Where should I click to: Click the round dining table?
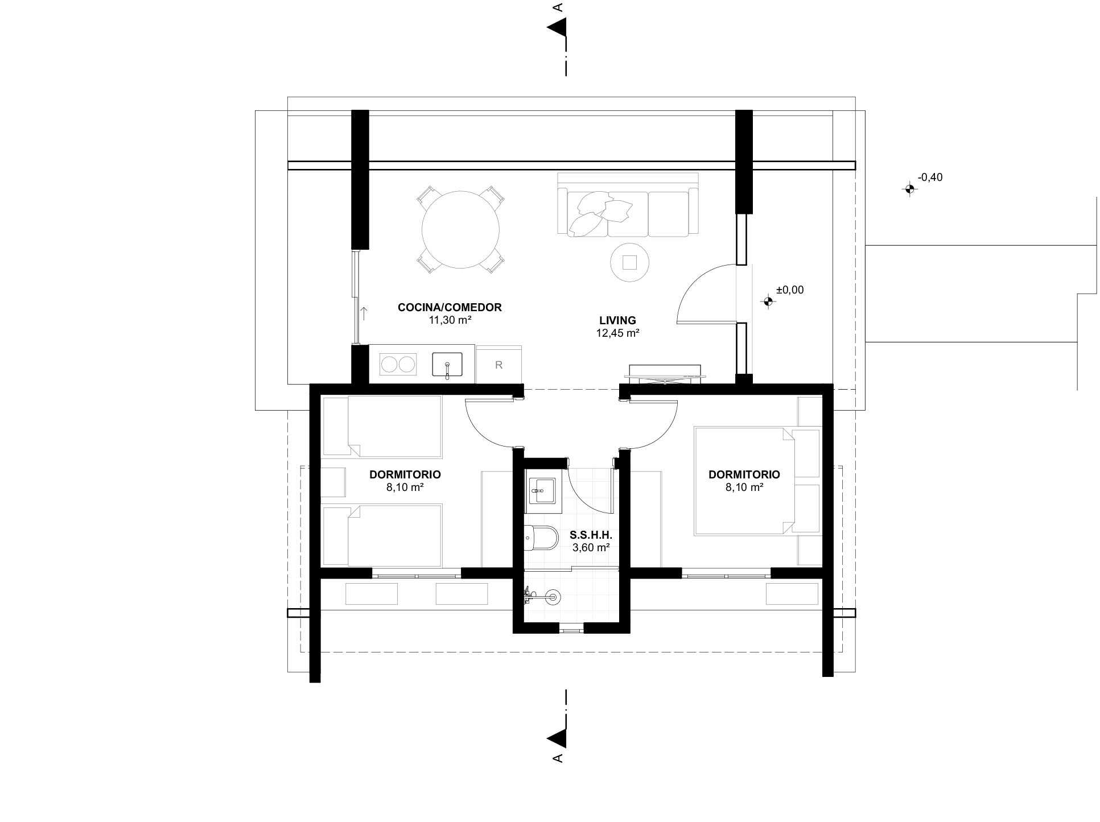[460, 230]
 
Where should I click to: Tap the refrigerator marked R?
[498, 365]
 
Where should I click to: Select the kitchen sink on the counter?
[447, 365]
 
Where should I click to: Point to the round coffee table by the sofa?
[629, 262]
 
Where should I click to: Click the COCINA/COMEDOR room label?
[450, 308]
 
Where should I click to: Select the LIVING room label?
[617, 321]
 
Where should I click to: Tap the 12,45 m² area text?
[617, 333]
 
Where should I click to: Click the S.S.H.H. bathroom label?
[591, 535]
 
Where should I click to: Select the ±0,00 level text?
[790, 290]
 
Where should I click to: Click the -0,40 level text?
[930, 177]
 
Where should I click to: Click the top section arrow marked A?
[558, 27]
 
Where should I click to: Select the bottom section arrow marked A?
[558, 737]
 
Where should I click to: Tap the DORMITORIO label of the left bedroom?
[405, 474]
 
